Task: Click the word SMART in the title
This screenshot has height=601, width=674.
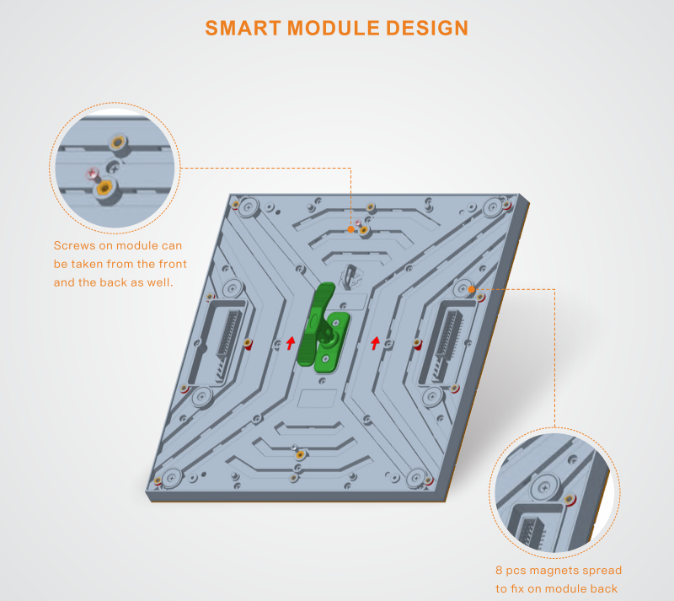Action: point(243,29)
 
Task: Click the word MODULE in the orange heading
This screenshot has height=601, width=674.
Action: point(333,29)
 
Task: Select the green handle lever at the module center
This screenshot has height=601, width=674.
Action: point(316,324)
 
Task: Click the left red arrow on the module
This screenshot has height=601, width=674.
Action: point(291,343)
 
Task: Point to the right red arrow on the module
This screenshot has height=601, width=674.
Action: point(375,343)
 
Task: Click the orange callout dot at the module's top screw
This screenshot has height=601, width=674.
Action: point(350,229)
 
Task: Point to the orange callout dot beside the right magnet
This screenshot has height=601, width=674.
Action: point(472,289)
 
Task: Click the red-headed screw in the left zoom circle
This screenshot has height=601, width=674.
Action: point(92,174)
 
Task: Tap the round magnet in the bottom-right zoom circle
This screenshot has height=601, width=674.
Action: point(544,487)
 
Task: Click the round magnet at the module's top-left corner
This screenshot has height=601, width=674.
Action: point(248,207)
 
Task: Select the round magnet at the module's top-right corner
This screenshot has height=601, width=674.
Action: point(493,208)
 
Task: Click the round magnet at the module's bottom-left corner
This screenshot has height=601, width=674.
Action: point(172,478)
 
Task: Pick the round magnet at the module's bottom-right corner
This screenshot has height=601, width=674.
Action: point(416,477)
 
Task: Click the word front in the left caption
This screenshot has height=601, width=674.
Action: point(173,264)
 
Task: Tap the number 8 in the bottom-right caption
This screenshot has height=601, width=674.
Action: point(499,571)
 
